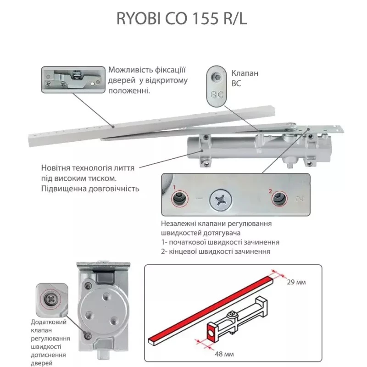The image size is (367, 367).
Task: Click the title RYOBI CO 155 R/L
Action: (x=182, y=19)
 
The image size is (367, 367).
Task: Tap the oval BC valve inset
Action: (x=217, y=86)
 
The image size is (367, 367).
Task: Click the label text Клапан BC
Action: (x=245, y=78)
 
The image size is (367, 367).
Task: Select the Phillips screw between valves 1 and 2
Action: (x=221, y=200)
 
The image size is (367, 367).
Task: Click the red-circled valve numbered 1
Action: (x=179, y=199)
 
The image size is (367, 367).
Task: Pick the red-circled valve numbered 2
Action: (x=279, y=199)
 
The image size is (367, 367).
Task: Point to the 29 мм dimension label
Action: (x=296, y=282)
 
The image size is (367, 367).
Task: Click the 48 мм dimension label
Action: (x=224, y=354)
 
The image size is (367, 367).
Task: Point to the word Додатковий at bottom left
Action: (x=49, y=322)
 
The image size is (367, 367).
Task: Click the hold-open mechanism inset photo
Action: (x=73, y=80)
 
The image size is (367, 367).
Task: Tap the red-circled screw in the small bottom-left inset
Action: (x=50, y=299)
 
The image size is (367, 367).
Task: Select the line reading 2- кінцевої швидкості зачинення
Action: (x=216, y=251)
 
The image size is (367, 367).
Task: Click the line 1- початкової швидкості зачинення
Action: (x=220, y=242)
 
